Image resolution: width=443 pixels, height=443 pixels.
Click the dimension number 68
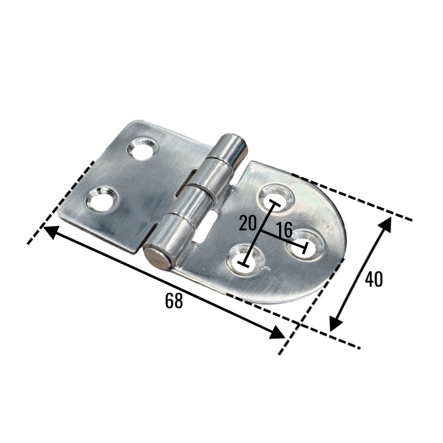174,301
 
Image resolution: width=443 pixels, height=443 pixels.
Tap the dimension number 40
373,279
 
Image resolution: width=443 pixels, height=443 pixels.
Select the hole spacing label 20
247,223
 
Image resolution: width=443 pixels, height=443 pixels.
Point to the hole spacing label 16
284,229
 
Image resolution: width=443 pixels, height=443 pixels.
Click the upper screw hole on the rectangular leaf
141,149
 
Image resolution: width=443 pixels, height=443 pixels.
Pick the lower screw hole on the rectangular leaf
101,199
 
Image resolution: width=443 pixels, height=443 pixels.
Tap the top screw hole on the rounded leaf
277,197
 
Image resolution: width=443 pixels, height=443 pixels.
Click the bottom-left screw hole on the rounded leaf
246,259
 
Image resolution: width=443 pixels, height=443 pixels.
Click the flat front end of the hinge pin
156,258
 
